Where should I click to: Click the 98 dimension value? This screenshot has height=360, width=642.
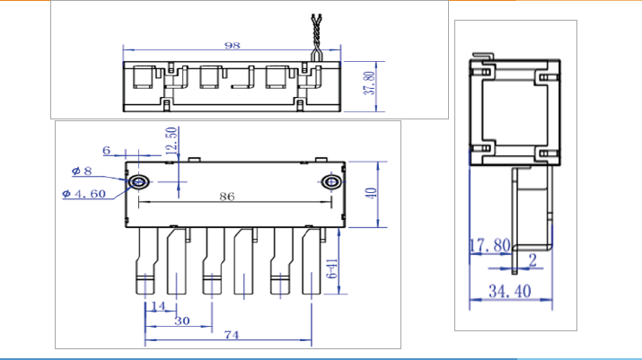click(x=233, y=44)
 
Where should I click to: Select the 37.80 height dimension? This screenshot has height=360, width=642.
click(x=367, y=83)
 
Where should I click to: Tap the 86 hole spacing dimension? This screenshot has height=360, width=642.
click(x=228, y=195)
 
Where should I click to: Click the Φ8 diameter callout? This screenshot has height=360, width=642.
click(x=82, y=171)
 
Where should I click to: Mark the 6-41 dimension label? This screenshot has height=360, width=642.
click(x=331, y=268)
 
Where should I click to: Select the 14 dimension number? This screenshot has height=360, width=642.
click(x=159, y=307)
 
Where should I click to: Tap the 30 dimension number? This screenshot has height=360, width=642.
click(x=181, y=320)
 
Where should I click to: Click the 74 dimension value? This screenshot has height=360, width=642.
click(x=231, y=335)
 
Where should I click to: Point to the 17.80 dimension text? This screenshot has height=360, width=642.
click(x=490, y=244)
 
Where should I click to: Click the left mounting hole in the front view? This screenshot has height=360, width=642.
click(x=139, y=183)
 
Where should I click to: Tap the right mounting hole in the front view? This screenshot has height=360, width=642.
click(x=331, y=183)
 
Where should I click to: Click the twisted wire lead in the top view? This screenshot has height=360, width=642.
click(x=316, y=36)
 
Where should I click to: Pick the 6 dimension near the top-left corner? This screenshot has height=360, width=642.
click(x=107, y=151)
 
